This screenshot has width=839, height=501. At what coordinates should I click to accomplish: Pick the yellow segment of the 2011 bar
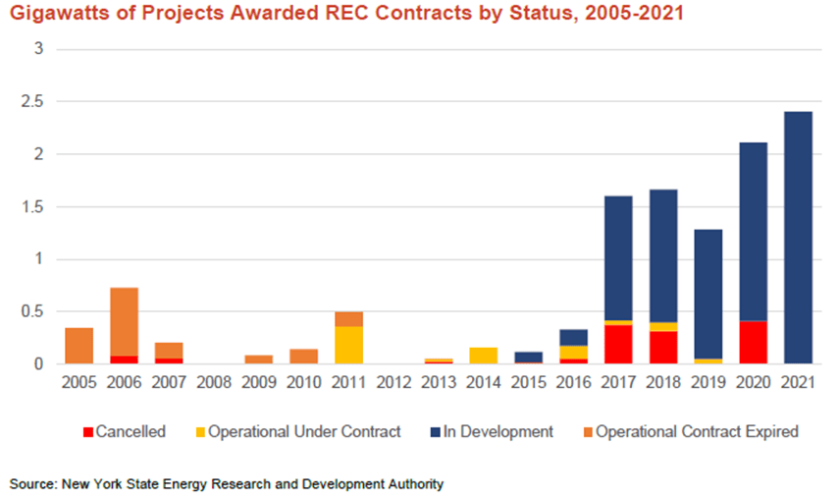(348, 345)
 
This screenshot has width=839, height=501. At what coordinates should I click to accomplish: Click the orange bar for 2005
(79, 346)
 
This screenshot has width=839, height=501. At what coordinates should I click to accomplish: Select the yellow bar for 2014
(483, 356)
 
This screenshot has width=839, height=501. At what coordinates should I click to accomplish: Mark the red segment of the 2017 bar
(617, 344)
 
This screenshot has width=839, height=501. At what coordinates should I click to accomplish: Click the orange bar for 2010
(303, 357)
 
